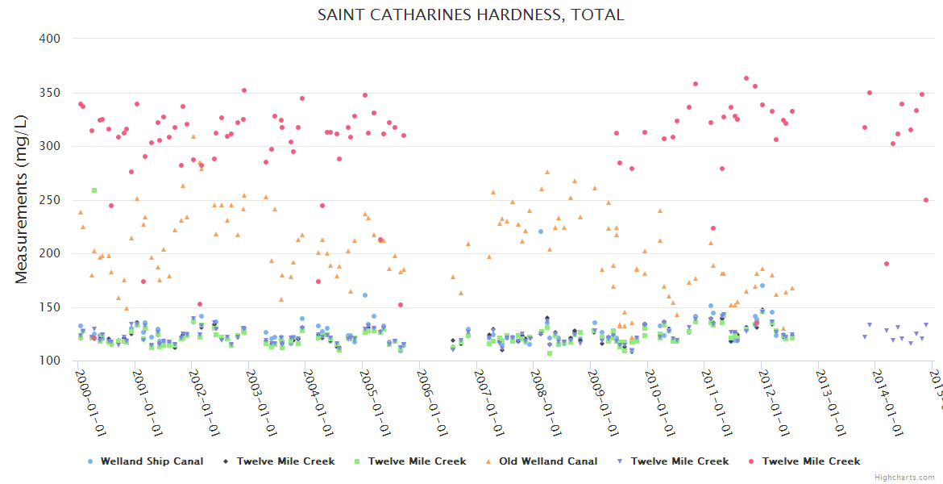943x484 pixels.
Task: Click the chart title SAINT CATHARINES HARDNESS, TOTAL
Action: pos(471,15)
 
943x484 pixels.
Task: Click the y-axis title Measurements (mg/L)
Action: pos(22,199)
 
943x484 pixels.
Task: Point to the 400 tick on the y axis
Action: pos(49,39)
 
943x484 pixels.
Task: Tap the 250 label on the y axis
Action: pos(49,200)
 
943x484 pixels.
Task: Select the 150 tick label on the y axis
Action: pos(49,307)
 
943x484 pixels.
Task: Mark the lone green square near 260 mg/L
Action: pos(94,190)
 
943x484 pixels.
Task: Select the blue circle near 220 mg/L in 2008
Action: pos(541,232)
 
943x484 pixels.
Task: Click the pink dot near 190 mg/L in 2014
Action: pos(887,264)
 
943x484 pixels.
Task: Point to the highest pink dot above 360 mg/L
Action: pos(746,78)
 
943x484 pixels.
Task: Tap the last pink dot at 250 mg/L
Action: pos(926,200)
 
